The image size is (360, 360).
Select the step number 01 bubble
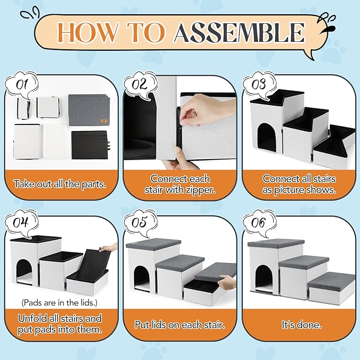(22, 85)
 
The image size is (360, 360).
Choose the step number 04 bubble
(22, 223)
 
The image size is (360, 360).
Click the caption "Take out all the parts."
(60, 184)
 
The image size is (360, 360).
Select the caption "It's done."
(302, 325)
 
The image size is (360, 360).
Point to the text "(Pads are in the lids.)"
(59, 303)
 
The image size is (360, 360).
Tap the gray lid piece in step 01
(89, 110)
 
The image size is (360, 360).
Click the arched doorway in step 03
(267, 137)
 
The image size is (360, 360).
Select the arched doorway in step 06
(264, 278)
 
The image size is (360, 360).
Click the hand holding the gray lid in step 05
(226, 283)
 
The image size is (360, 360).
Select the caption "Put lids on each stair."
(180, 325)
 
